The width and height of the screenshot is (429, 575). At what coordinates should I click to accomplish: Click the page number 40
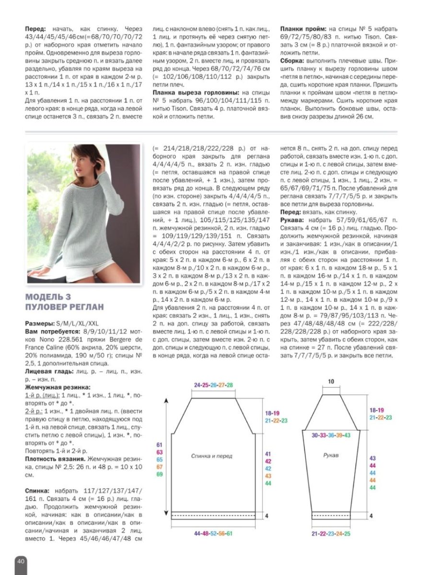tap(21, 561)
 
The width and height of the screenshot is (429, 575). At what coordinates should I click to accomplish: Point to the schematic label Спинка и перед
tap(211, 456)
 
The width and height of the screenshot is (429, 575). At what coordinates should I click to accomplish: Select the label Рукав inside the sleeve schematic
tap(330, 455)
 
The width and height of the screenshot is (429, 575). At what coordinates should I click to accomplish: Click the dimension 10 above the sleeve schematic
tap(331, 381)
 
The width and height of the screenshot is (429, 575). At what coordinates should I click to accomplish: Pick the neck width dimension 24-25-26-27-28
tap(213, 385)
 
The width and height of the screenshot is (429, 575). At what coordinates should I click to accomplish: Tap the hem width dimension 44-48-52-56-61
tap(213, 533)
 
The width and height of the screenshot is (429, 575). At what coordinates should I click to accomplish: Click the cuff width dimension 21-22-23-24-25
tap(331, 533)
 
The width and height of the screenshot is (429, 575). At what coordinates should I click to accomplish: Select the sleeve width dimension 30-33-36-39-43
tap(331, 436)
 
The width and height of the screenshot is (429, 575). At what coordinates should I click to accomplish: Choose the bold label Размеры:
tap(40, 323)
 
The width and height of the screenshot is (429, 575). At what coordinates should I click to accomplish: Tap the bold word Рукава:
tap(292, 219)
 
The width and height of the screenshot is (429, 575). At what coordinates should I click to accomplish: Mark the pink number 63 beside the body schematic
tap(160, 452)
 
